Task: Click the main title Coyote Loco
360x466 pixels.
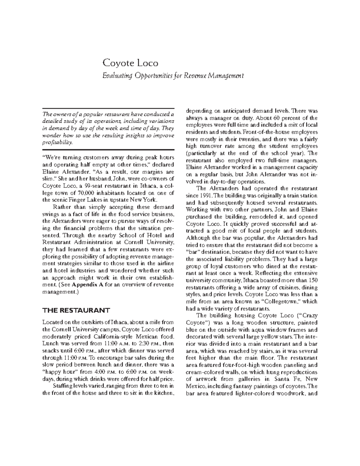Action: (130, 63)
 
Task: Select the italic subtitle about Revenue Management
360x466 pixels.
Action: (173, 76)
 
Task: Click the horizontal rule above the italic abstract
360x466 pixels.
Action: (108, 109)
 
